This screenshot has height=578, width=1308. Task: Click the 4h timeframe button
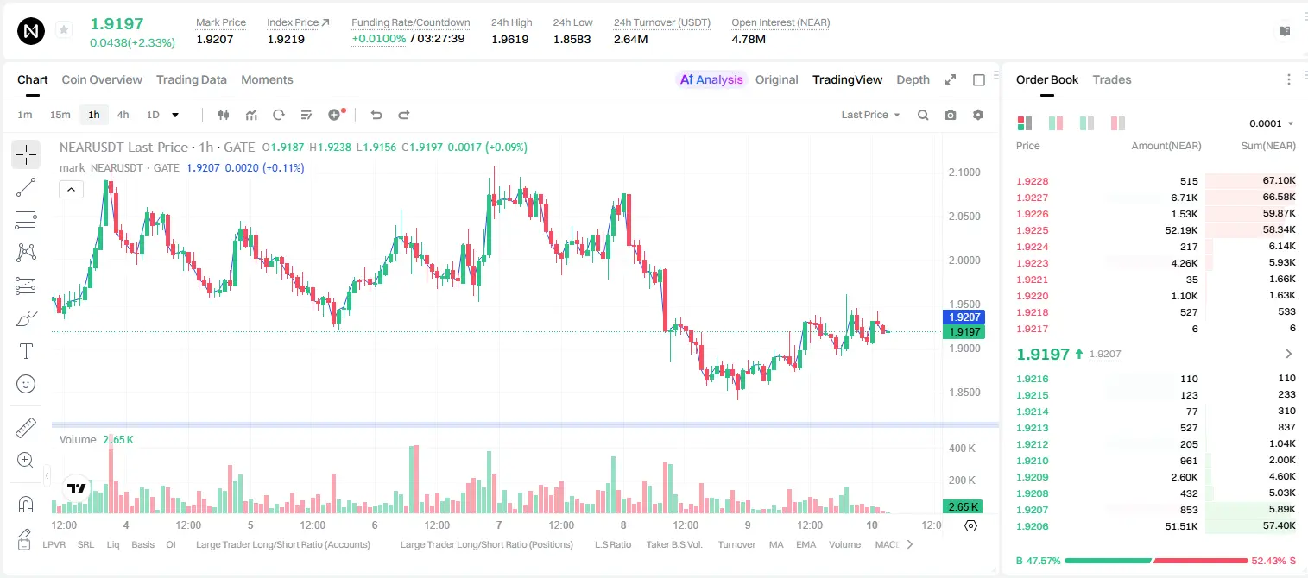(123, 115)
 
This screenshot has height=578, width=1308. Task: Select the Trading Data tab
(192, 79)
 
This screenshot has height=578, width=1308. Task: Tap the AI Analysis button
(711, 79)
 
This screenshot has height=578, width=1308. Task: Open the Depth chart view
(913, 79)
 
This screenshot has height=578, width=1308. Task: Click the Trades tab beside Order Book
(1112, 79)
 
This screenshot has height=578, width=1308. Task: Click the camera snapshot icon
(951, 115)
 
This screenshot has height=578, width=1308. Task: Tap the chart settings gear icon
(978, 115)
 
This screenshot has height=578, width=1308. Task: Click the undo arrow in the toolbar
(376, 115)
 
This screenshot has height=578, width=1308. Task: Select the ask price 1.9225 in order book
(1033, 230)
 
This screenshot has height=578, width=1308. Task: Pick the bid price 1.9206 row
(1033, 526)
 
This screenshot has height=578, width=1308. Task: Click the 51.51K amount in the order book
(1181, 526)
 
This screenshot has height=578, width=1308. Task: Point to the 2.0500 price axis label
(964, 217)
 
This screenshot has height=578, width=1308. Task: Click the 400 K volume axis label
(963, 449)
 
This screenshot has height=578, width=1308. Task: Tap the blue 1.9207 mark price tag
(964, 317)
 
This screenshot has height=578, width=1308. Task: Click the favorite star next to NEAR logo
(64, 29)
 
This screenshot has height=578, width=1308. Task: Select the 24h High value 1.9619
(509, 39)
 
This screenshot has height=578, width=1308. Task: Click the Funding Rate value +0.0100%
(378, 39)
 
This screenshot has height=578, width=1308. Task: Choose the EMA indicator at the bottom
(806, 544)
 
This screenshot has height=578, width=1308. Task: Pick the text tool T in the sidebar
(26, 351)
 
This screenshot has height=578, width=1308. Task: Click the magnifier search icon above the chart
(923, 115)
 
